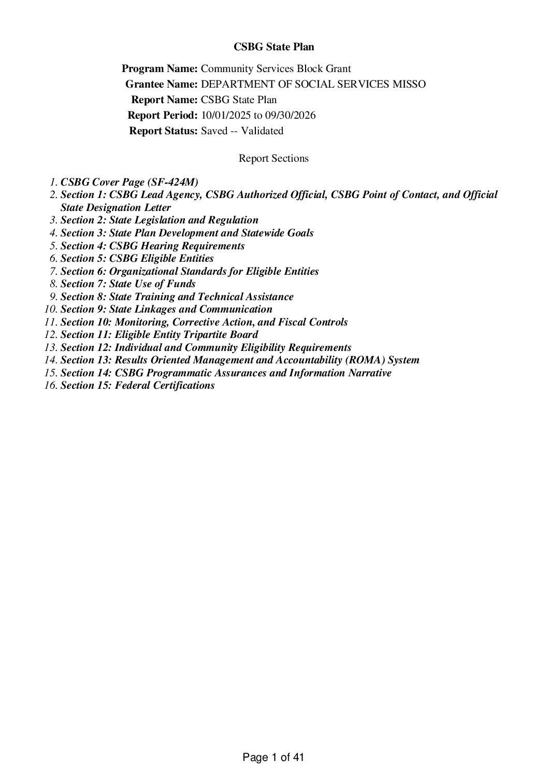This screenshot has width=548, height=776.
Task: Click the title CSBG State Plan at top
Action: point(273,47)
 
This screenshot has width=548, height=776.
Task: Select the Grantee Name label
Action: point(161,84)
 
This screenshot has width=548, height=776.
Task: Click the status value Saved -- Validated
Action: point(242,131)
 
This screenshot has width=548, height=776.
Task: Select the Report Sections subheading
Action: point(273,158)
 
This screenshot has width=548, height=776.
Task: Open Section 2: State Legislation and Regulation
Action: point(160,220)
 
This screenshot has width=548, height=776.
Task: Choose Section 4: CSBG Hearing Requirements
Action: point(153,246)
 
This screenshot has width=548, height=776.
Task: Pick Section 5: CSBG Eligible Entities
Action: point(137,258)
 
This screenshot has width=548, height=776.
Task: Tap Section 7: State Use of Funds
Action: point(128,284)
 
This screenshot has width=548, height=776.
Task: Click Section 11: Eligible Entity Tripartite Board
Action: point(160,335)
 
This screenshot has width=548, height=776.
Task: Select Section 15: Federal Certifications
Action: point(138,386)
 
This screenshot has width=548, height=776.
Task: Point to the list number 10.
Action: point(51,309)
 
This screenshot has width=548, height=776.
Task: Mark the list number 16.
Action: point(51,386)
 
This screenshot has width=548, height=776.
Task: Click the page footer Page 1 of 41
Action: point(273,757)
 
